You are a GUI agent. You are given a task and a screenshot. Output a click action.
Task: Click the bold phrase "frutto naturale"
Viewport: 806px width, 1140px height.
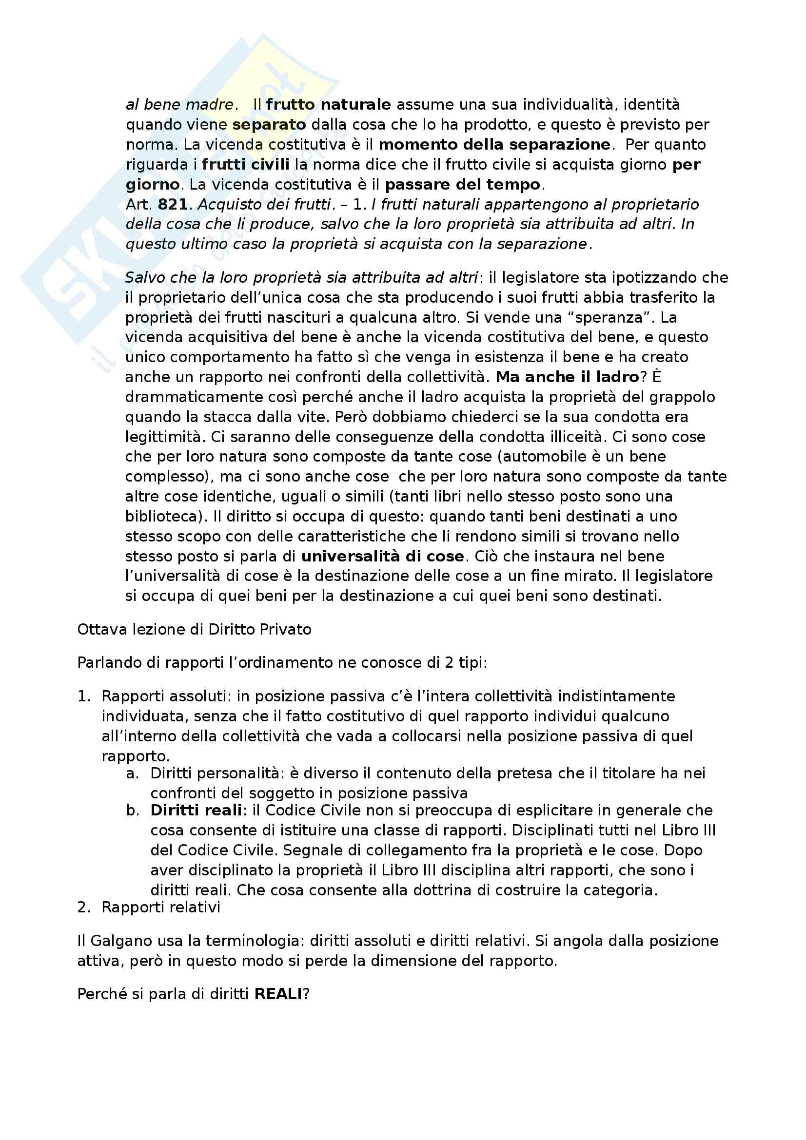(328, 105)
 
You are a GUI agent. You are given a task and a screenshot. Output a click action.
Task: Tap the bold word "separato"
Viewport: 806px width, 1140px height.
(269, 125)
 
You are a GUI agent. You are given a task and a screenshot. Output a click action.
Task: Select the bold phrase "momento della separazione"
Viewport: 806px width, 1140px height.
(494, 144)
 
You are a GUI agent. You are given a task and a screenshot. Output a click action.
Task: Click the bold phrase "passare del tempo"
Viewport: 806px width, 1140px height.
(462, 185)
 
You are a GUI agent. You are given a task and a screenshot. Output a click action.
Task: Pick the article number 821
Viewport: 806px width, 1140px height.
(172, 205)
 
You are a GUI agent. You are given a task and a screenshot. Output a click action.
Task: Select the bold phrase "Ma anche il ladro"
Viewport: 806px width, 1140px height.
(567, 377)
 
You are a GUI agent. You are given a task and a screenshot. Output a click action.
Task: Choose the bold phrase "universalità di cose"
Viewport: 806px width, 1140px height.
(382, 556)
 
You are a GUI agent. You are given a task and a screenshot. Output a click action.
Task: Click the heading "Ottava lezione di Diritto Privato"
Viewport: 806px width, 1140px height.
(194, 630)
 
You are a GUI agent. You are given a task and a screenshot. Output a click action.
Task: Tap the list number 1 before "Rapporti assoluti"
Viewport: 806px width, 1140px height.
(83, 696)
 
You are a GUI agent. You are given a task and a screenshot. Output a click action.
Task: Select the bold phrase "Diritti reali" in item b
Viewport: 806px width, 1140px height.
(196, 811)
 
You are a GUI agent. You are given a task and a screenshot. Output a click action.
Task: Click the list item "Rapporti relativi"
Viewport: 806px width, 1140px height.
(160, 907)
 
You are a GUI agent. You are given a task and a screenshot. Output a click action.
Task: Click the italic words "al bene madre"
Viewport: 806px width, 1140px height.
(179, 105)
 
